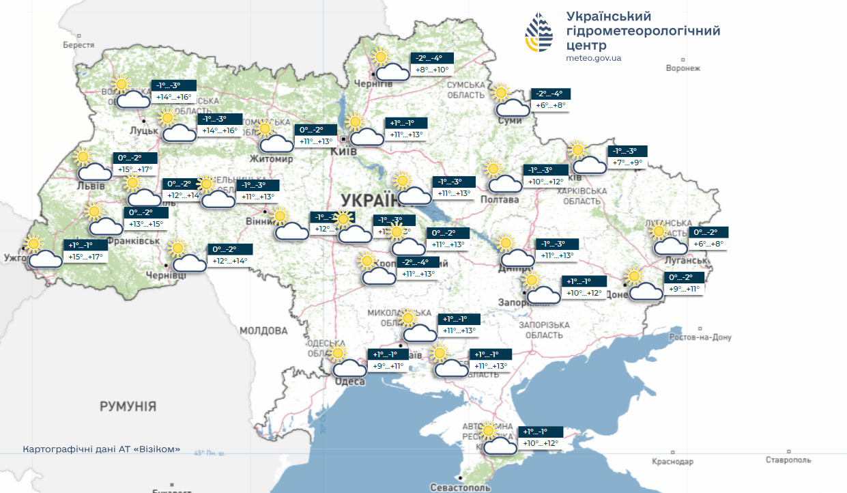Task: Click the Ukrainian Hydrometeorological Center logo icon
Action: pyautogui.click(x=540, y=34)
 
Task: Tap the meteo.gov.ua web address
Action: pyautogui.click(x=593, y=58)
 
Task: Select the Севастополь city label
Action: pyautogui.click(x=460, y=488)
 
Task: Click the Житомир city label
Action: pyautogui.click(x=271, y=159)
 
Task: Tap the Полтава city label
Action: pyautogui.click(x=500, y=199)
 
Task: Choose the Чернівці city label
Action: pyautogui.click(x=166, y=274)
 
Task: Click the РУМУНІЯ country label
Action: pyautogui.click(x=128, y=406)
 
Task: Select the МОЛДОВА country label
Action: pyautogui.click(x=263, y=330)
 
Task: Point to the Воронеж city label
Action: pyautogui.click(x=683, y=68)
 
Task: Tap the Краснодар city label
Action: pyautogui.click(x=672, y=462)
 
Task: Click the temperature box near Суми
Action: pyautogui.click(x=551, y=100)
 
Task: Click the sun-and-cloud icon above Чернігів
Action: pyautogui.click(x=390, y=66)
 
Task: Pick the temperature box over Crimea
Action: pyautogui.click(x=541, y=438)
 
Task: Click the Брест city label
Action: pyautogui.click(x=78, y=44)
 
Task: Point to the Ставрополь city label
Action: pyautogui.click(x=788, y=460)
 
